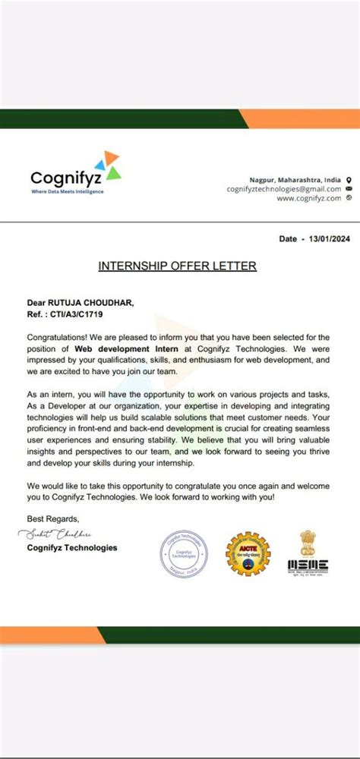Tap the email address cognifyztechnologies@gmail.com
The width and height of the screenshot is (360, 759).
coord(284,188)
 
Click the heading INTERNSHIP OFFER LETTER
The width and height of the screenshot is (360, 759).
coord(177,266)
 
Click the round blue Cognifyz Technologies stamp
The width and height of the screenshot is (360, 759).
coord(184,554)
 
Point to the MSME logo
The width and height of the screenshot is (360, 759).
coord(308,552)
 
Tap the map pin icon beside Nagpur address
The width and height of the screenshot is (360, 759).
coord(348,179)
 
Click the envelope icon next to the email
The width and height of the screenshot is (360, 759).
coord(348,188)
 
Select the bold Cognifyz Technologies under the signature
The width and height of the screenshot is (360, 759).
coord(72,547)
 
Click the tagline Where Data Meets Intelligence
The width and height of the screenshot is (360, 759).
coord(67,191)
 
